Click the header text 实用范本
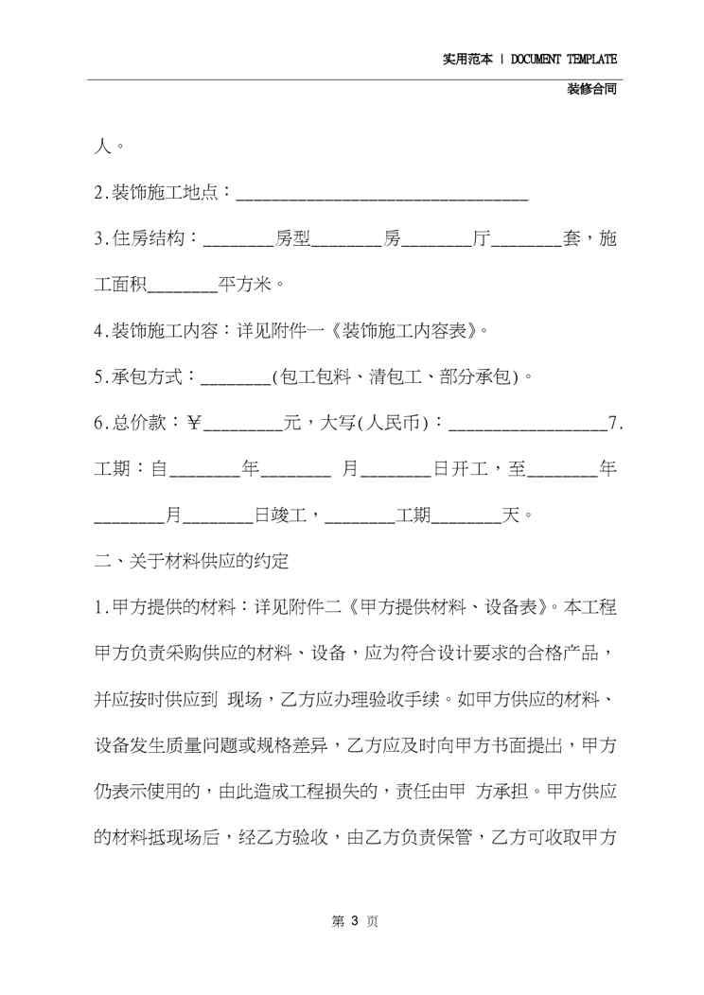(x=467, y=59)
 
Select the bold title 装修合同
(x=592, y=90)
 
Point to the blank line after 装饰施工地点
(x=380, y=195)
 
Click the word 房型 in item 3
(x=292, y=240)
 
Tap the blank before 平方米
(x=184, y=286)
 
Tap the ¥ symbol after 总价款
(x=195, y=424)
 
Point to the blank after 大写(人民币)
(x=526, y=425)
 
